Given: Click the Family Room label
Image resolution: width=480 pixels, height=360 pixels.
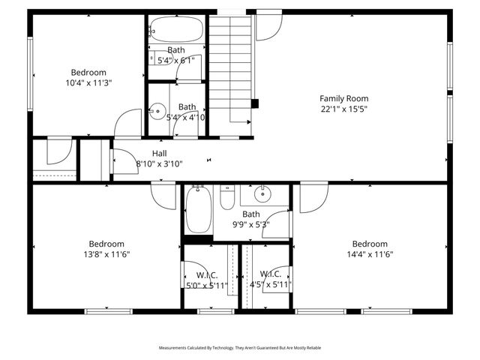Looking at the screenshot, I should coord(343,98).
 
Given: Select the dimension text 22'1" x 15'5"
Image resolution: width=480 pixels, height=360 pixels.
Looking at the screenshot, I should coord(343,109).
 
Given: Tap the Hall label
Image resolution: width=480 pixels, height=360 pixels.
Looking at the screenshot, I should coord(159,153).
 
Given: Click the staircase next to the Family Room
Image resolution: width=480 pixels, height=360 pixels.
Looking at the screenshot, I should coord(230,67).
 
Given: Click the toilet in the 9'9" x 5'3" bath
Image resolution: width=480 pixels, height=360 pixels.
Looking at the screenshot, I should coord(228,198).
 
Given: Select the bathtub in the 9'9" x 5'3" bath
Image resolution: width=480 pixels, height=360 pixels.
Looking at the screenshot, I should coord(199,210).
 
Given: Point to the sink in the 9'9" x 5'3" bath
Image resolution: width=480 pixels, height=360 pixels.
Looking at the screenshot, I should coord(263,195).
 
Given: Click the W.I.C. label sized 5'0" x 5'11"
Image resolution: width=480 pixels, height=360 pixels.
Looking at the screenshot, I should coord(201,275).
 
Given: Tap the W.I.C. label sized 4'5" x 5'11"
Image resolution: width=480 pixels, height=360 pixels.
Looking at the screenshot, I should coord(270,275).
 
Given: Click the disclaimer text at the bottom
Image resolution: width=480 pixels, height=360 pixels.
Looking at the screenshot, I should coord(239,348).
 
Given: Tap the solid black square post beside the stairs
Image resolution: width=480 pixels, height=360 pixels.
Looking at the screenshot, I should coord(254,103).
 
